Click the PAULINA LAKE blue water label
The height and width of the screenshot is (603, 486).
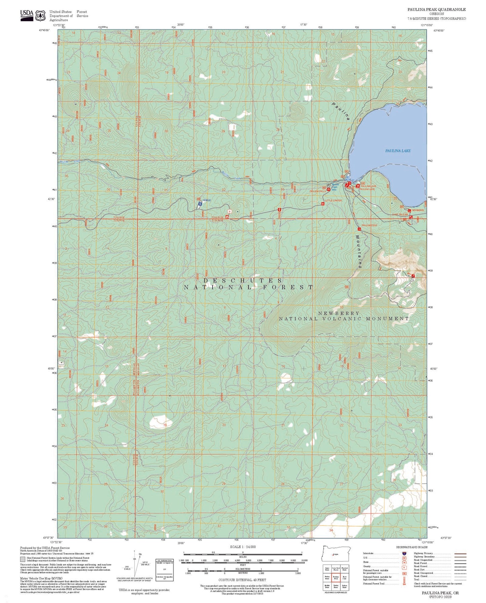[x=398, y=151]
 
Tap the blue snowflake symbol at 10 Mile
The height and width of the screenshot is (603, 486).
[x=200, y=204]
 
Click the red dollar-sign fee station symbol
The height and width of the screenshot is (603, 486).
[x=279, y=209]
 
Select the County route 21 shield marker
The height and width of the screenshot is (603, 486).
[x=229, y=211]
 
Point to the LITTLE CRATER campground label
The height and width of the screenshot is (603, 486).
[x=333, y=201]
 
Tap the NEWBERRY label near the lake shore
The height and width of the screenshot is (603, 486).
[x=418, y=210]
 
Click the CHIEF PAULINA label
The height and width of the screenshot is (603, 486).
[x=400, y=214]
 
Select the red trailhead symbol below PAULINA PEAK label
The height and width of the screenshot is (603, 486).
[x=359, y=229]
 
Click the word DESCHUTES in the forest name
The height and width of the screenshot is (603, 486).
[x=243, y=280]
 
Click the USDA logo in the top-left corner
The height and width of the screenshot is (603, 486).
[x=27, y=14]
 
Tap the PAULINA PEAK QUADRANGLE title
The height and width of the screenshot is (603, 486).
[x=437, y=10]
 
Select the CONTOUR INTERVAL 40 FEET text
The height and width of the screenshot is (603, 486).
[x=242, y=580]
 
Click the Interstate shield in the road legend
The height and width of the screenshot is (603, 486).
[x=403, y=553]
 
